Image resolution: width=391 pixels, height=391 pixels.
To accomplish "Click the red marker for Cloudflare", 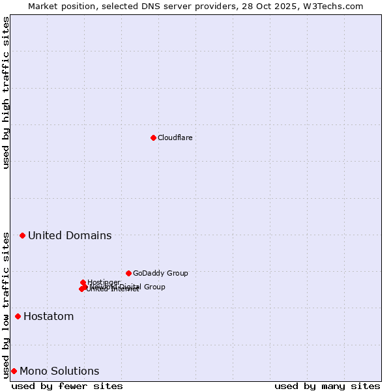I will (153, 138).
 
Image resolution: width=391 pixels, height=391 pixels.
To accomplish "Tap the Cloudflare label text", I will (175, 138).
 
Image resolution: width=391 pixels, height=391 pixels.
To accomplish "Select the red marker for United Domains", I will (22, 235).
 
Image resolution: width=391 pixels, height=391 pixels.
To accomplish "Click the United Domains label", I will (70, 235).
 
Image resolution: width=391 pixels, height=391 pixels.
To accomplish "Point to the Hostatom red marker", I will (18, 317).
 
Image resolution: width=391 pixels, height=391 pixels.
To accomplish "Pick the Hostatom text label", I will (48, 317).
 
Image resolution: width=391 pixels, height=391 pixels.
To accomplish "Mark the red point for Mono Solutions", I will (14, 371).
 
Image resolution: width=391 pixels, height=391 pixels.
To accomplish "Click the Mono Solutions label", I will (59, 371).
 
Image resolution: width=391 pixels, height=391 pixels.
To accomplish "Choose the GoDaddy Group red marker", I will (128, 273).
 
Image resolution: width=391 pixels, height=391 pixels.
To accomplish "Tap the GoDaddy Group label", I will (160, 273).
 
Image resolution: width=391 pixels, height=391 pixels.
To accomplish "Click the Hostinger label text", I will (104, 282).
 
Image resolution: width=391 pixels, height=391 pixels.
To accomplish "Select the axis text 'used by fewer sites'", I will (67, 386).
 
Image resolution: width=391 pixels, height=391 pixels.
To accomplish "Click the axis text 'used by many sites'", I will (327, 386).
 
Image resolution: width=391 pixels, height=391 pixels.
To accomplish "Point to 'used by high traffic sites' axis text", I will (6, 93).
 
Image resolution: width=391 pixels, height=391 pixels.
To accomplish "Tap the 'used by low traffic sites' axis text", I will (6, 304).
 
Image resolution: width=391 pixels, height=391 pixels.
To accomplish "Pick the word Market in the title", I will (42, 6).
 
